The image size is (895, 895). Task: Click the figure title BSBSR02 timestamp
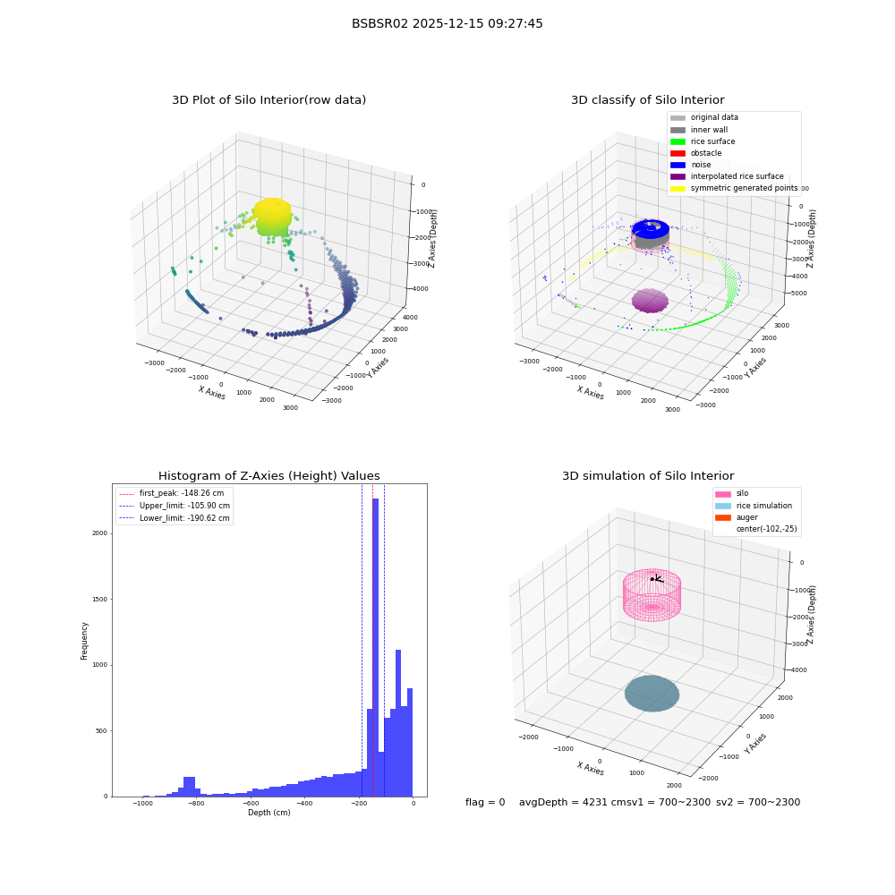point(447,23)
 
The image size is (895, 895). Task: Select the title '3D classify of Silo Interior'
point(648,100)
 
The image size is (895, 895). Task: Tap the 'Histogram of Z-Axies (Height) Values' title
point(268,475)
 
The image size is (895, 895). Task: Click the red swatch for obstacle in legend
point(678,153)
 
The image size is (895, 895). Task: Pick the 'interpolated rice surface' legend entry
point(727,176)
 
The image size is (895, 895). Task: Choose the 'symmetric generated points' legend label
point(744,188)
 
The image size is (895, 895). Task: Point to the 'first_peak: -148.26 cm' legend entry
point(172,493)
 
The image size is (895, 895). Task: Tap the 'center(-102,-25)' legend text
point(767,529)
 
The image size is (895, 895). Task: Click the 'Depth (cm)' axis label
point(268,813)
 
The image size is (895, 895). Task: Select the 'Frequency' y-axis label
point(84,641)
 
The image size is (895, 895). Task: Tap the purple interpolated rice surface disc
point(650,300)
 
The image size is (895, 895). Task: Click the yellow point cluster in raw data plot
point(273,217)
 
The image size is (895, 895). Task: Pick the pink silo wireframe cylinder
point(652,595)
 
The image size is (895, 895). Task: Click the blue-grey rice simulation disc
point(652,694)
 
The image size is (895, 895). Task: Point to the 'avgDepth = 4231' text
point(551,802)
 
